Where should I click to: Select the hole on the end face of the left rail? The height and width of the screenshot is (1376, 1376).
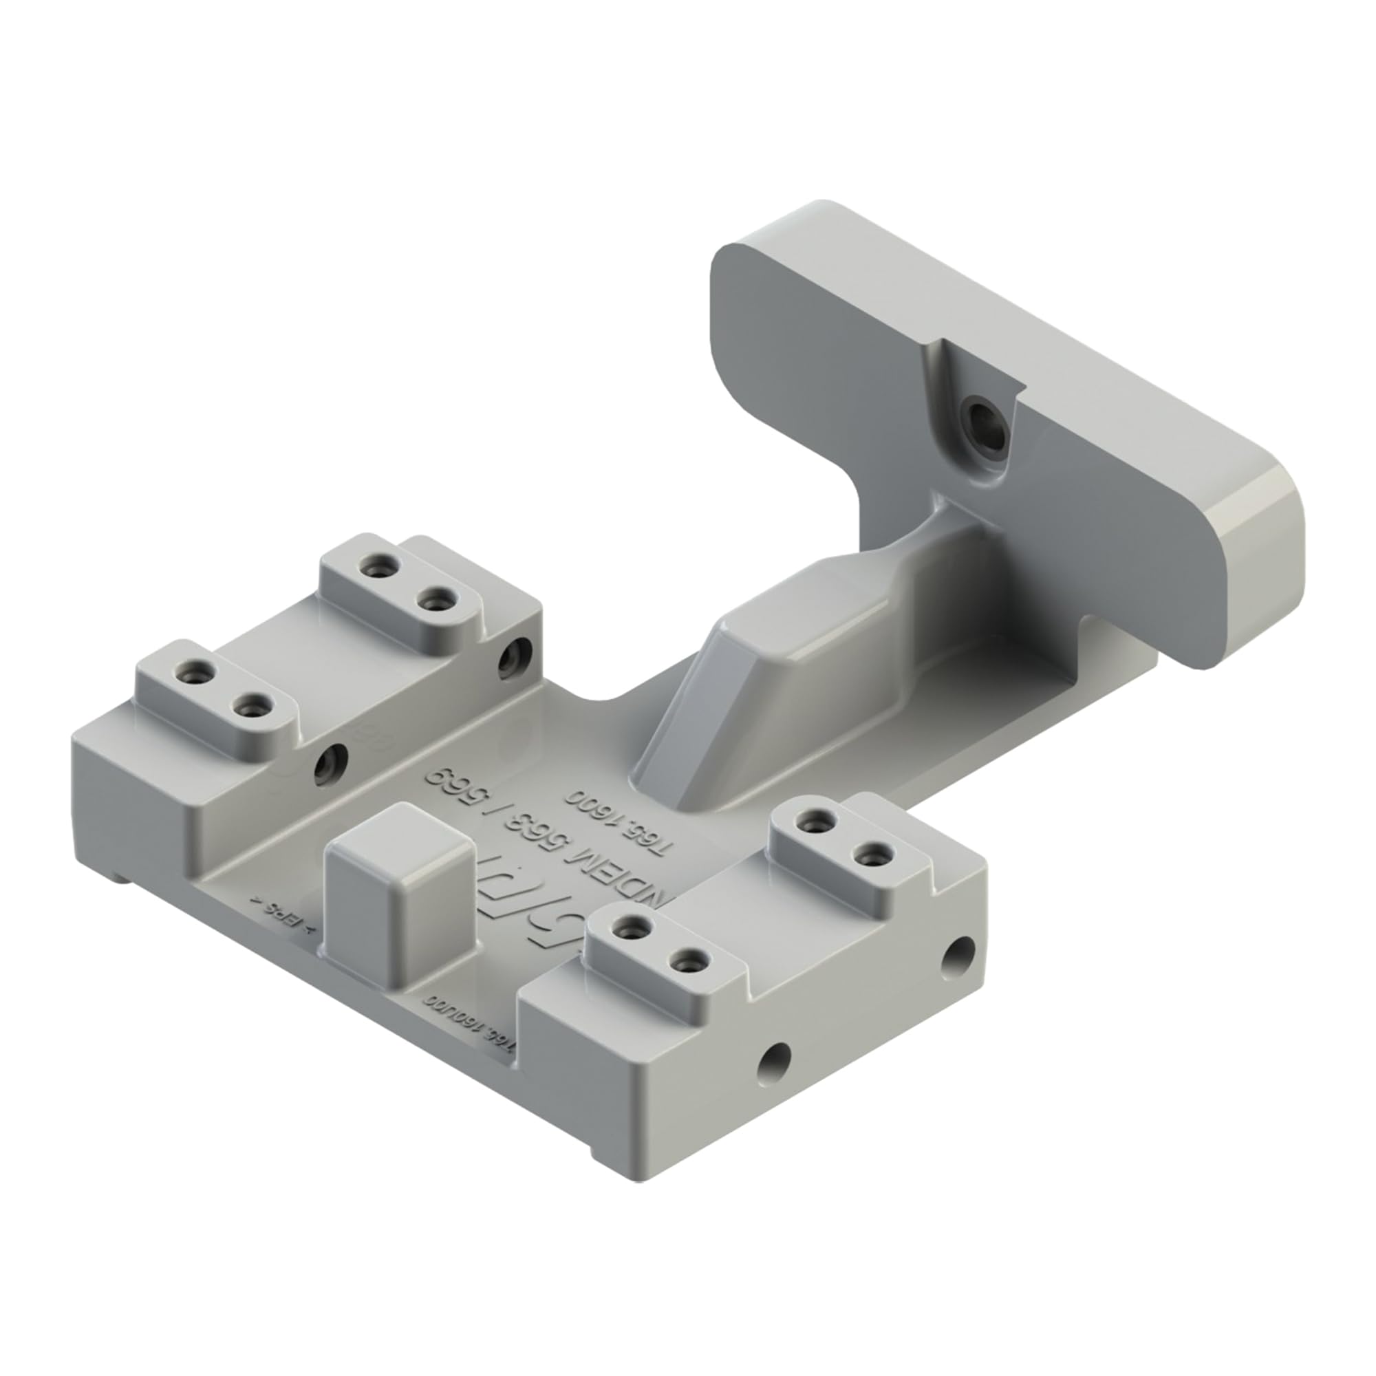513,659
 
